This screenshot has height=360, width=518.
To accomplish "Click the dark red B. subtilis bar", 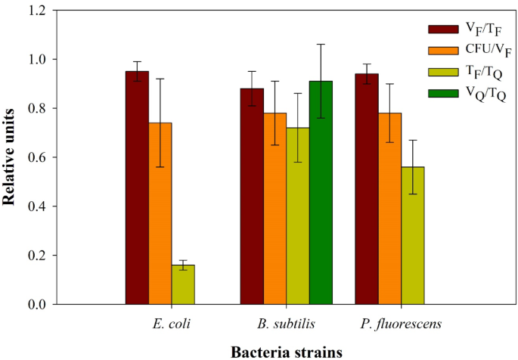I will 252,197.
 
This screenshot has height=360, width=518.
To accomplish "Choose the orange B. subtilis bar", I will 275,209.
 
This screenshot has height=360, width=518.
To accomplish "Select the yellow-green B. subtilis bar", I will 297,216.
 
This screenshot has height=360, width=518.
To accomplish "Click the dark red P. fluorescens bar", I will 367,189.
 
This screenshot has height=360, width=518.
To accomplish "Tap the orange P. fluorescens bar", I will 389,209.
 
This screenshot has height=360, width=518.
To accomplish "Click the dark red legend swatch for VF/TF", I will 441,29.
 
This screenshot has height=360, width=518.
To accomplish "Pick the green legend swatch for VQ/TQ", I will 441,94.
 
